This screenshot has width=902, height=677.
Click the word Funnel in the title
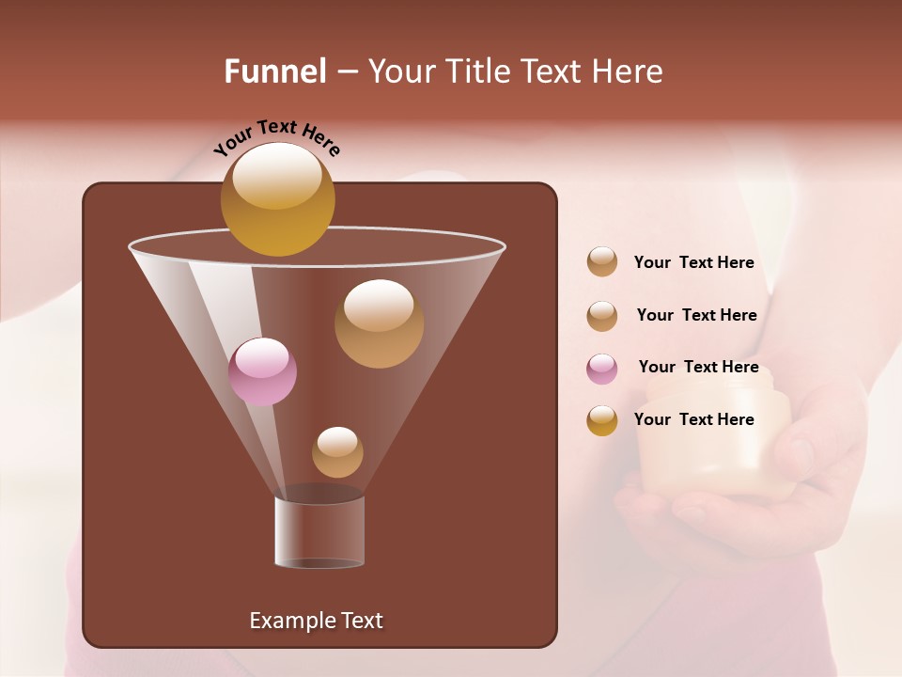275,71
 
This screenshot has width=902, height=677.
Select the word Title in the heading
475,71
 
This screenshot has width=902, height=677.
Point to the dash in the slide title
346,72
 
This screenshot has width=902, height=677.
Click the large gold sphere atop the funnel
277,198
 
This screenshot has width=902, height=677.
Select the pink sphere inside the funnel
262,371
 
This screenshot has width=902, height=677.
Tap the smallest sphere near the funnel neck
337,452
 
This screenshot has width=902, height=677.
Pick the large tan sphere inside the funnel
379,323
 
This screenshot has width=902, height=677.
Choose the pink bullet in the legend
602,369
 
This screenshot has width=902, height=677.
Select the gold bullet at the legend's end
602,420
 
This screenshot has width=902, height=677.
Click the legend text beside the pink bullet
698,367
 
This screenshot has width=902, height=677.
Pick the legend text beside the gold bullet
693,419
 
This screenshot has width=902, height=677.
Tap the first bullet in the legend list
602,261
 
